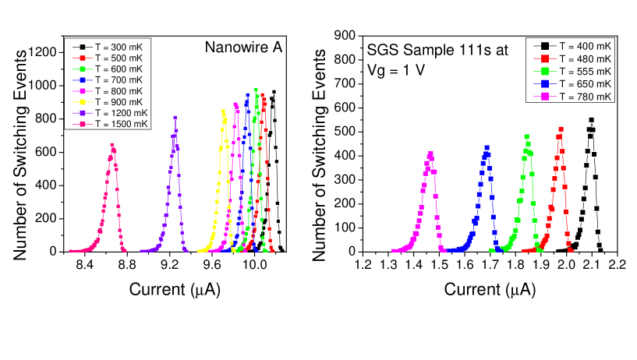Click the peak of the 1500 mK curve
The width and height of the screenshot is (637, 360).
[112, 145]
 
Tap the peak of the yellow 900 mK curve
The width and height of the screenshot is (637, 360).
[224, 111]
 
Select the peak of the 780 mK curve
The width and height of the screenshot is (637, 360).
[430, 154]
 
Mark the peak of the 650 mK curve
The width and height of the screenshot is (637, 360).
[488, 146]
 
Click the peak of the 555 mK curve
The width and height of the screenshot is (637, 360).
[526, 136]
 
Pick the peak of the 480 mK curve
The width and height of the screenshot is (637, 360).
[560, 129]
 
